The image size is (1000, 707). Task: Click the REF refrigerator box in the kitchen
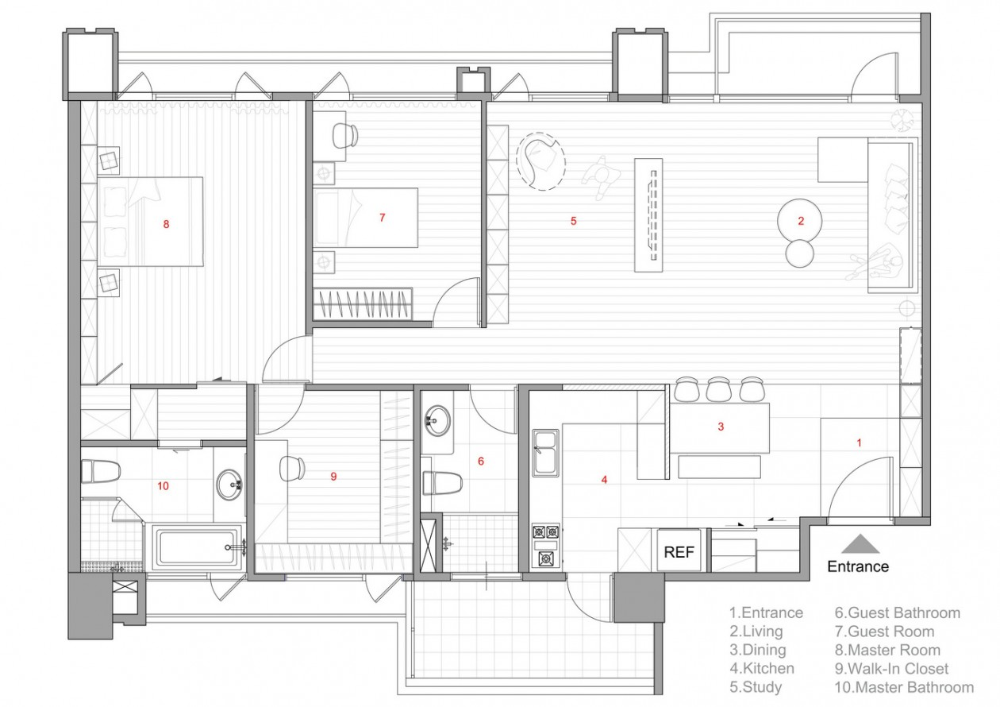679,551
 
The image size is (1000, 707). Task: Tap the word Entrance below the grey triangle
858,566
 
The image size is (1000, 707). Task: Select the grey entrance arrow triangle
860,543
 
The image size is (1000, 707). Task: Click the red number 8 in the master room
166,224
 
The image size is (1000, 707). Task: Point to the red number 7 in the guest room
383,217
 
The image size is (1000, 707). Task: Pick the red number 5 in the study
574,220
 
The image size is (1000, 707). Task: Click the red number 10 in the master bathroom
163,486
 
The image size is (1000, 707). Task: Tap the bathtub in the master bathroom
197,547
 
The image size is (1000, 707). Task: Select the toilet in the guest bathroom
442,483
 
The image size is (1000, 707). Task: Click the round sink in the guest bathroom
437,420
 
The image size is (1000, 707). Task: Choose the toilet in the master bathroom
101,472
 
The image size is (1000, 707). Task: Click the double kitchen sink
545,453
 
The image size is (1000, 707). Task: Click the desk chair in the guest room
345,135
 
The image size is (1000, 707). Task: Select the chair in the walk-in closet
292,469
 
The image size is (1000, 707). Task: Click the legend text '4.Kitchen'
762,668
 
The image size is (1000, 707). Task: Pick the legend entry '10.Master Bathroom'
905,687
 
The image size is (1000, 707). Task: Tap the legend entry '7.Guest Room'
885,632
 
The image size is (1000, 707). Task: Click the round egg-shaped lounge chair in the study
540,162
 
